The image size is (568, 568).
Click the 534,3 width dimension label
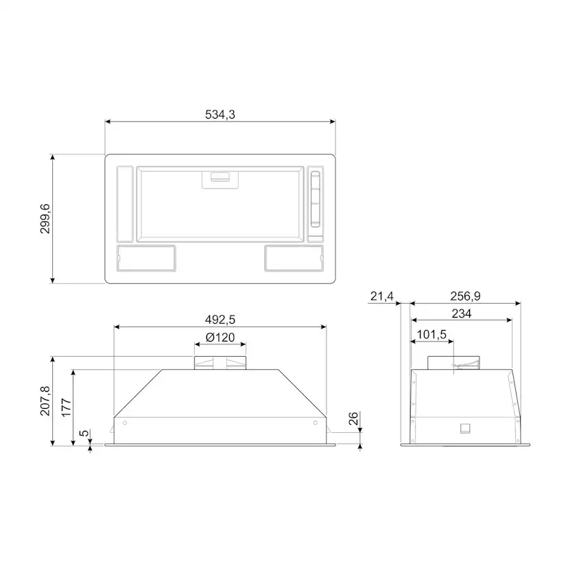(x=220, y=115)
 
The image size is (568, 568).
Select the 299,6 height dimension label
(x=45, y=219)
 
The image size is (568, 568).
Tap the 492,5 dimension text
(x=220, y=320)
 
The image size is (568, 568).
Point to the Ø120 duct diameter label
(x=220, y=338)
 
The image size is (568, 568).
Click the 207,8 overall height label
(x=45, y=401)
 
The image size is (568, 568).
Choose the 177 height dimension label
(x=67, y=407)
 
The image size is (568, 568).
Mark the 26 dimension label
(x=353, y=418)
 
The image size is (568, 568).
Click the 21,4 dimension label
(x=382, y=296)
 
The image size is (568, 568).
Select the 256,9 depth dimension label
(x=465, y=296)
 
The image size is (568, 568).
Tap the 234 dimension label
(x=462, y=313)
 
